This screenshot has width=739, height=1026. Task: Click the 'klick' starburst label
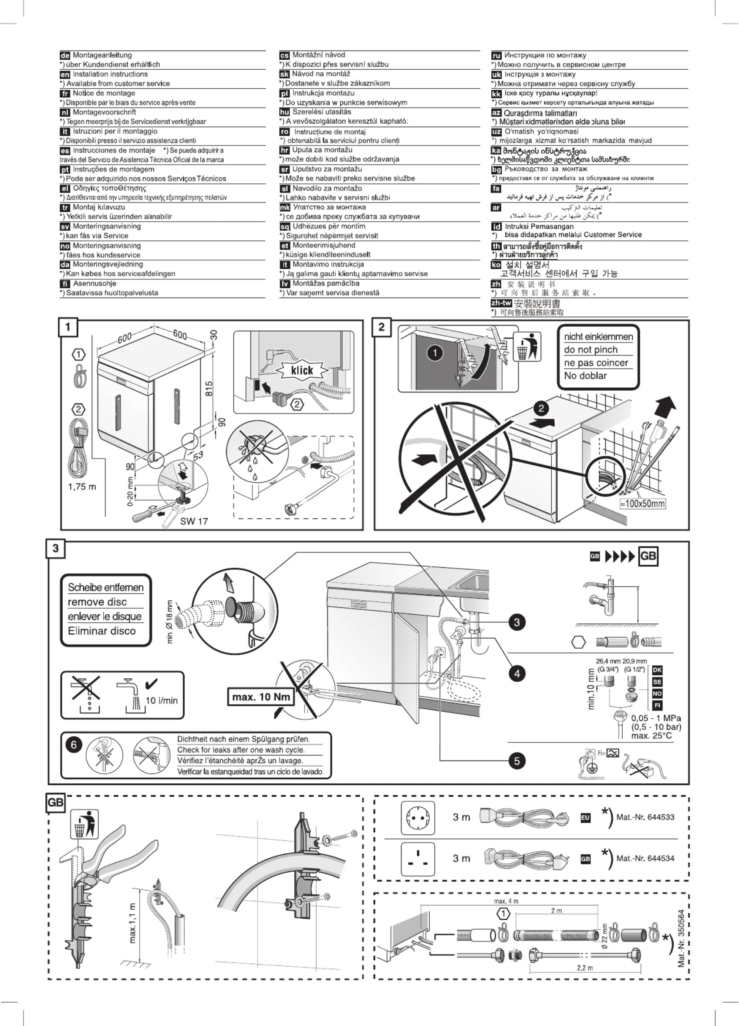click(302, 370)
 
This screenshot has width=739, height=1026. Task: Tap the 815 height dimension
click(209, 388)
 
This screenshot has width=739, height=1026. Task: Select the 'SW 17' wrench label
click(194, 521)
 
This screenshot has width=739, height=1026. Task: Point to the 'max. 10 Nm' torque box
click(261, 697)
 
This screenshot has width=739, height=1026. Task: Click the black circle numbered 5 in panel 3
click(517, 761)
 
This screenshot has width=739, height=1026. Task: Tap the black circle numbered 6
click(74, 745)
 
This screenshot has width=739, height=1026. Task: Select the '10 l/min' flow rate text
click(162, 701)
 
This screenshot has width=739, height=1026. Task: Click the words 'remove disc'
click(97, 602)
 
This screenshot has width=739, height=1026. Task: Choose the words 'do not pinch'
click(590, 350)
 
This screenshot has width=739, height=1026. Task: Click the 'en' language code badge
click(65, 74)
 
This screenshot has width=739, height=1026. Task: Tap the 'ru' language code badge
click(496, 56)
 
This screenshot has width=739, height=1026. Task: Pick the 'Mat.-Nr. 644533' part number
click(645, 817)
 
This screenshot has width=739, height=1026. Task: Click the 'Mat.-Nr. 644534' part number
click(645, 858)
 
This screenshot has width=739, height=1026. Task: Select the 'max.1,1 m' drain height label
click(132, 923)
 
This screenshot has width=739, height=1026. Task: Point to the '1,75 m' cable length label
click(82, 487)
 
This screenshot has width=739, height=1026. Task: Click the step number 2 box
click(381, 327)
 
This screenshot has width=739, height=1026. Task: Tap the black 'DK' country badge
click(657, 670)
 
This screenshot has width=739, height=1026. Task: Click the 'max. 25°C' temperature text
click(651, 736)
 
